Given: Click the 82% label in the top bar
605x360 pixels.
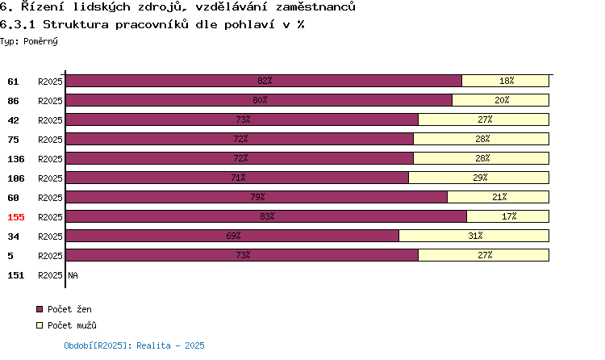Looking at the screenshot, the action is point(265,81).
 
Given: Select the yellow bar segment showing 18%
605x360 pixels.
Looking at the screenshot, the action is point(506,81).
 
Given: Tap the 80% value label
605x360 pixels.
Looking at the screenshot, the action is point(260,100).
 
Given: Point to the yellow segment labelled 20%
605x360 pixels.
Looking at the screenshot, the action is point(500,100).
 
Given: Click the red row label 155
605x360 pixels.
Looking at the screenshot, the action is point(16,217).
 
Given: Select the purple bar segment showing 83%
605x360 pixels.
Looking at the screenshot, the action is point(266,216).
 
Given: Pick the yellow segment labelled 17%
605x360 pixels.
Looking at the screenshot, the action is point(507,216).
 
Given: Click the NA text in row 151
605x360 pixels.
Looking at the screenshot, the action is point(73,275).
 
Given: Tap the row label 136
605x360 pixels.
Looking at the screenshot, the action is point(16,159).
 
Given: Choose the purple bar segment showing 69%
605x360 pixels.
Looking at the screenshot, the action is point(232,236).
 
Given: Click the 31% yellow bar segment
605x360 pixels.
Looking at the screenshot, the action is point(474,236).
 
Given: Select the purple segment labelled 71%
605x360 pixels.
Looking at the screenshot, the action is point(237,178).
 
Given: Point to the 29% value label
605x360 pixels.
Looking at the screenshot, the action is point(480,178).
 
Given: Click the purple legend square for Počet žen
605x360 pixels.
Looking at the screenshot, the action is point(40,309).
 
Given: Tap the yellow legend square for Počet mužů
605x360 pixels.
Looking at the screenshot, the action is point(40,325).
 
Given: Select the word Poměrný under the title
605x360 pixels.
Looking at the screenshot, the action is point(40,41).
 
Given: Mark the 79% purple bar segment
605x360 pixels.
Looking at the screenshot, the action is point(257,197).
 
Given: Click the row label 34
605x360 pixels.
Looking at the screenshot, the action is point(13,237).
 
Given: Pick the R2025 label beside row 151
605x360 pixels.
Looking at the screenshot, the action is point(50,275).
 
